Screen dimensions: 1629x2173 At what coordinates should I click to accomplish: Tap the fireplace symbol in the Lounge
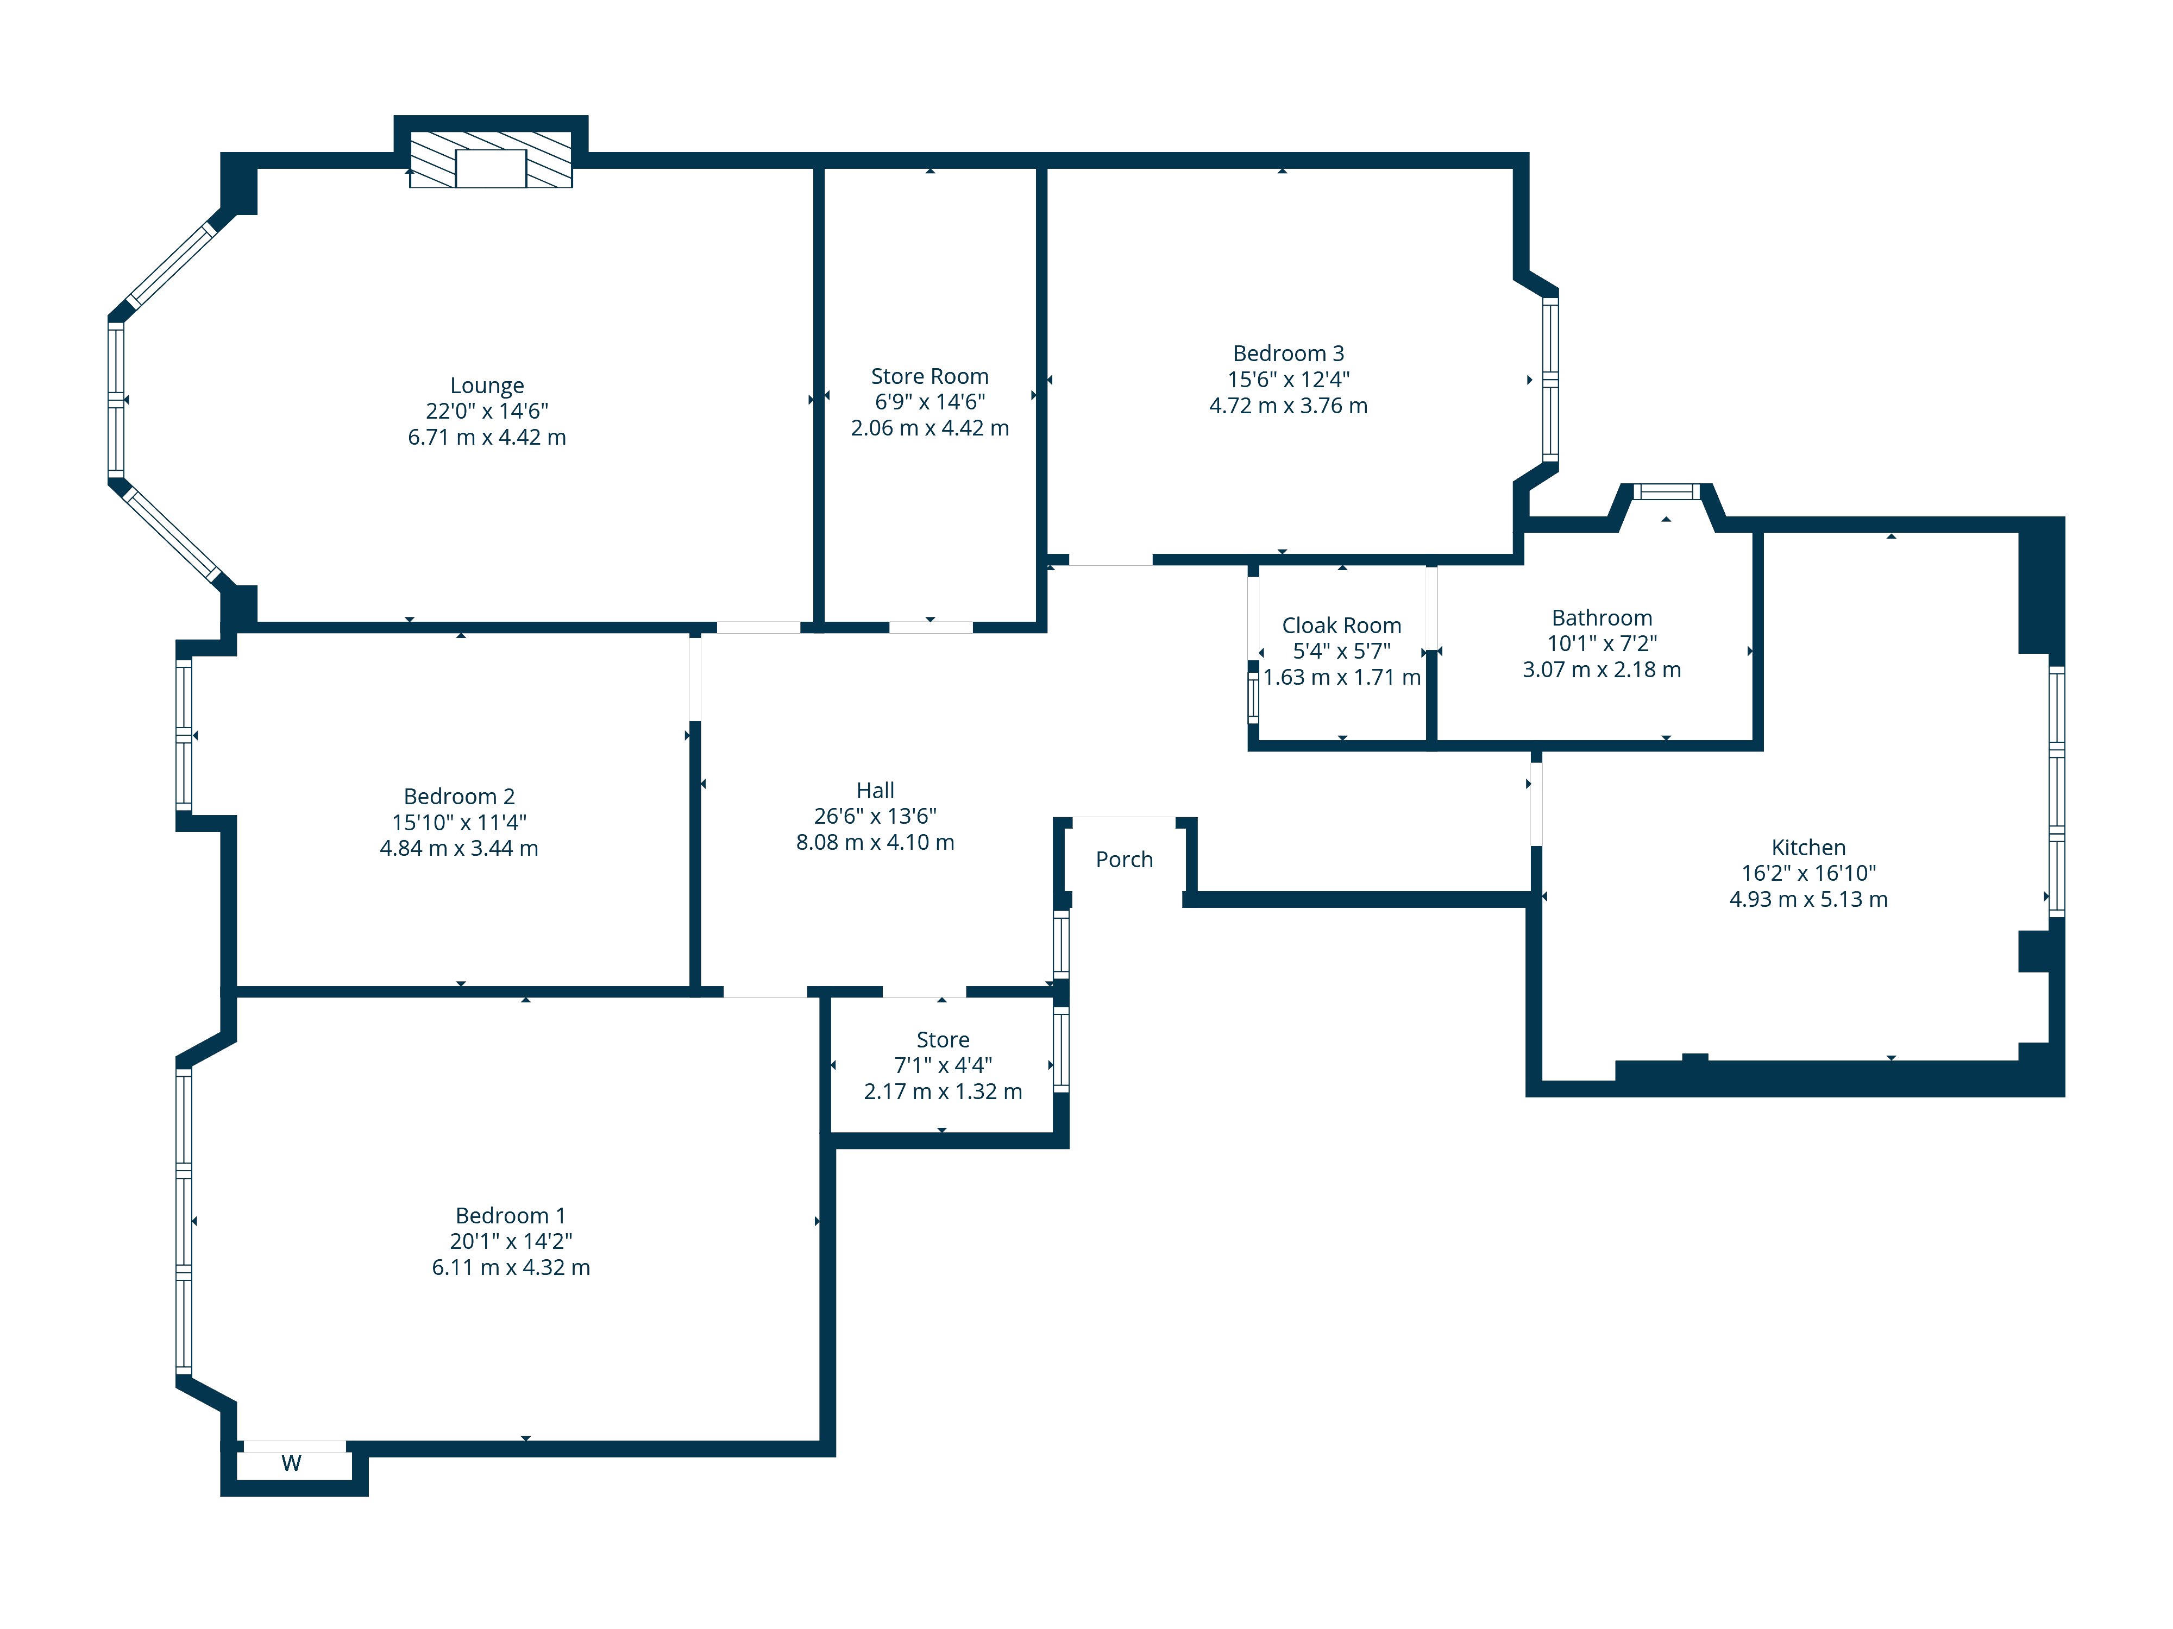(490, 159)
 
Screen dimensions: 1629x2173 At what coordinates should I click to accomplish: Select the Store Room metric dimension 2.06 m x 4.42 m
(930, 428)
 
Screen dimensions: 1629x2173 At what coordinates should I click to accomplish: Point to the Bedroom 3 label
(1288, 353)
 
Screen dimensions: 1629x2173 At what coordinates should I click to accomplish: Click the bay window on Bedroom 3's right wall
(1550, 379)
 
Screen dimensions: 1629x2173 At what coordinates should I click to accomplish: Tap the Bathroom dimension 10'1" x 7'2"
(1602, 643)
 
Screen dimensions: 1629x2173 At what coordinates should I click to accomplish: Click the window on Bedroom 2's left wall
(184, 735)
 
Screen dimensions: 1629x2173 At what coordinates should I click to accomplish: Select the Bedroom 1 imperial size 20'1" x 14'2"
(511, 1241)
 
